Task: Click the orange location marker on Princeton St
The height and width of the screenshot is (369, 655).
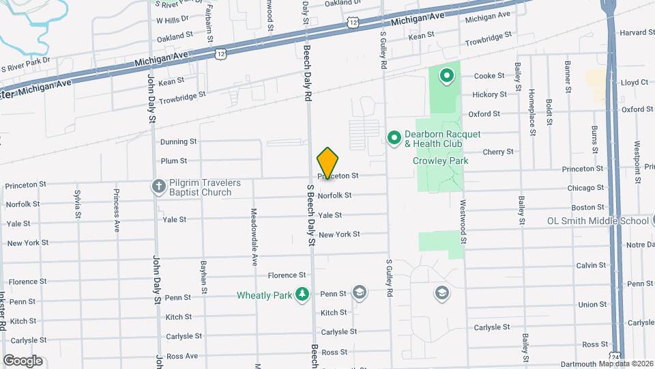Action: click(327, 163)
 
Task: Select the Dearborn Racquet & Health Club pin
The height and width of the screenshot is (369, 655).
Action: click(394, 139)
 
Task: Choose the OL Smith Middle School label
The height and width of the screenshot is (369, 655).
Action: click(597, 221)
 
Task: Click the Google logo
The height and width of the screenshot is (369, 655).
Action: click(23, 361)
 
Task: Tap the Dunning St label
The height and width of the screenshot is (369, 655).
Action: click(178, 142)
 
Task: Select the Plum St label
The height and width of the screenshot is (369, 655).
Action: click(174, 161)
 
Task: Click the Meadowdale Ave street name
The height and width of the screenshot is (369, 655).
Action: click(253, 236)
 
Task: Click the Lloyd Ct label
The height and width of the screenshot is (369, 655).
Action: click(635, 82)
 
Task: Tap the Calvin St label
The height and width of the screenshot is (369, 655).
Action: click(591, 265)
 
